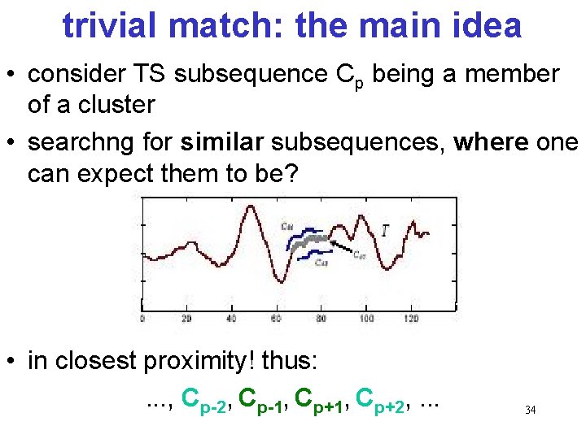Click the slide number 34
[x=530, y=411]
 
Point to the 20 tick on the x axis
[x=186, y=319]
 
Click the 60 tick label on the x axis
[x=277, y=319]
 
